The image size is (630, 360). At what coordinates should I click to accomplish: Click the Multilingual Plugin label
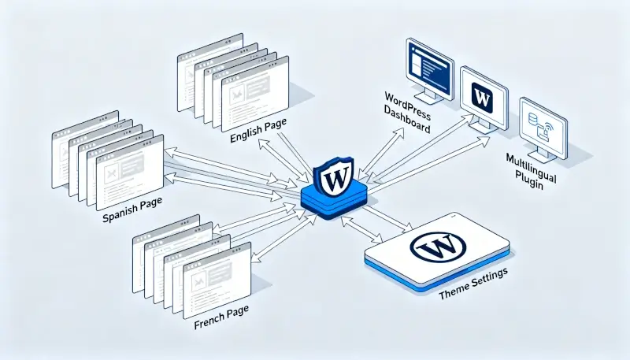click(x=530, y=170)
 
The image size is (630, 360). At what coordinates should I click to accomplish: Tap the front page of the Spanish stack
click(x=128, y=169)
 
